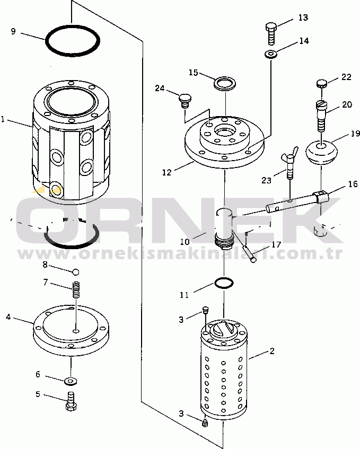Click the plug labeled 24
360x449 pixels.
point(185,101)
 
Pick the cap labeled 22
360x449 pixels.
point(321,83)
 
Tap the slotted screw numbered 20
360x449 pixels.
point(322,116)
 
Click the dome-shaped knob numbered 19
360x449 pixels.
point(322,152)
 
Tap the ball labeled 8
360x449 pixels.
point(76,272)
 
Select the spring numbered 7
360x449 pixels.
point(76,289)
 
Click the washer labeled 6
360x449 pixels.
point(71,381)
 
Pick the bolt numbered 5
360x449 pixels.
point(71,401)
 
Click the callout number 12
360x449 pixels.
point(166,172)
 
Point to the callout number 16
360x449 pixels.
point(353,184)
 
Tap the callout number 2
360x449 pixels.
point(272,351)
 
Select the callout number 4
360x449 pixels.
point(8,316)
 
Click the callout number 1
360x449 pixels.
point(3,119)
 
